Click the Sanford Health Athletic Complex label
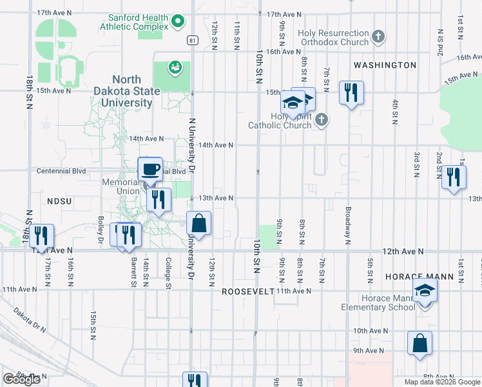134,22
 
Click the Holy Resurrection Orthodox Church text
333,37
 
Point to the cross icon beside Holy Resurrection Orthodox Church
379,37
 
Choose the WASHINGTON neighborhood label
385,65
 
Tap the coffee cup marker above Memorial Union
150,170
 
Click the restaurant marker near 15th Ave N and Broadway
352,93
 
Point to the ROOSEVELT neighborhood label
248,292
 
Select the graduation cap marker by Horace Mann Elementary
425,293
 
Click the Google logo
21,379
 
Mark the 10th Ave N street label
371,330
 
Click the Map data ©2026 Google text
443,382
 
